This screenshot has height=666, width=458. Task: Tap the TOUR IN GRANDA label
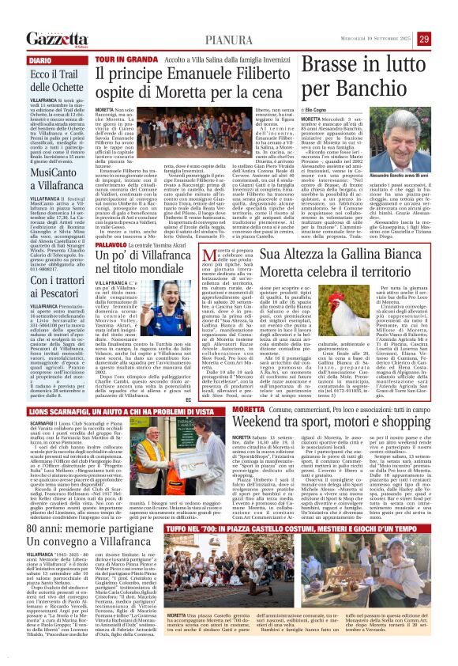click(x=117, y=59)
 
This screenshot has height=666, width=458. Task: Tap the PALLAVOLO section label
click(x=113, y=247)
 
